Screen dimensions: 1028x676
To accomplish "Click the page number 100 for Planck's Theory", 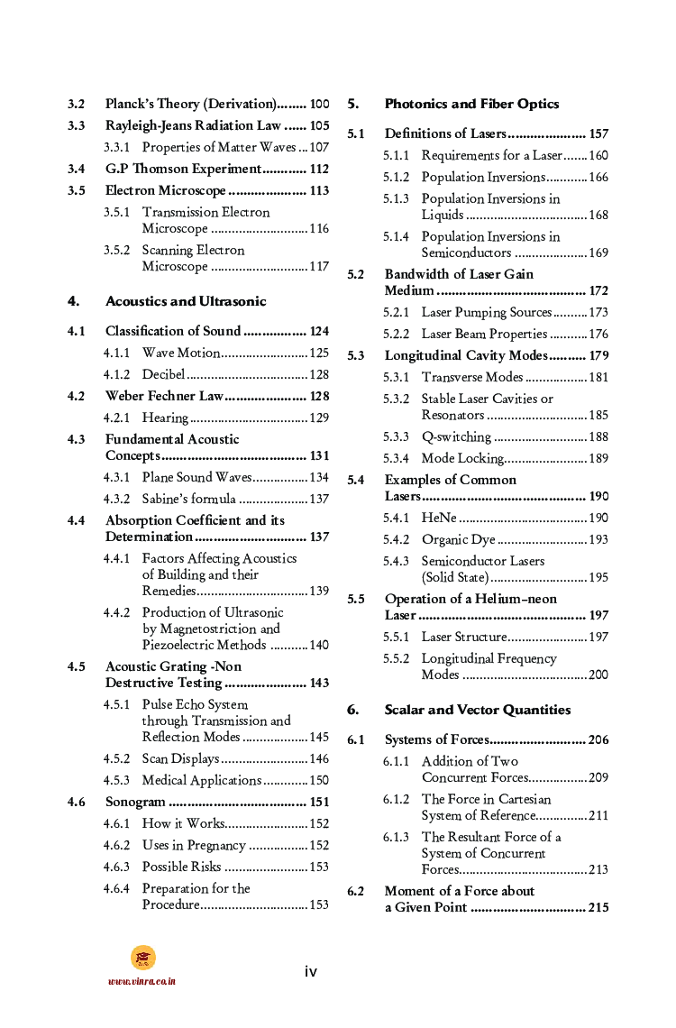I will (319, 104).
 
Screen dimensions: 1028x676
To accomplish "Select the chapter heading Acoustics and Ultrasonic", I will (186, 301).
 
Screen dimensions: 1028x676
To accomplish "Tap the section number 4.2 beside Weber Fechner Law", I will (77, 396).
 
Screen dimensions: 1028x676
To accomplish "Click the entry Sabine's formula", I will (189, 499).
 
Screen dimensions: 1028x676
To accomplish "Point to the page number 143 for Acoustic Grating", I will (319, 683).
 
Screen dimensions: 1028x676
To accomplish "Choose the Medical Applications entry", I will (202, 780).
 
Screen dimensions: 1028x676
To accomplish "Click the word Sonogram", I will (135, 802).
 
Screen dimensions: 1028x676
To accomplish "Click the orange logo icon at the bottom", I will (142, 958).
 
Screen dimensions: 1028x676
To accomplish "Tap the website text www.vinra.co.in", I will (142, 981).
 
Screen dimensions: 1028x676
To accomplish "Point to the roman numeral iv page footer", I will (310, 971).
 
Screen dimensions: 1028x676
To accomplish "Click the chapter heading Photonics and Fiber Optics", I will (471, 104).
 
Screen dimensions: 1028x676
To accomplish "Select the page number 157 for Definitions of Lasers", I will (598, 133).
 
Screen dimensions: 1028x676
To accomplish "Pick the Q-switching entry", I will (456, 436).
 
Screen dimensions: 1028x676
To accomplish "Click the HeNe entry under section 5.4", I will (439, 518).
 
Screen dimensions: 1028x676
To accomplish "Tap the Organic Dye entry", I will (458, 539).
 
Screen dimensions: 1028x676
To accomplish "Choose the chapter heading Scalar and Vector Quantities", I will (478, 710).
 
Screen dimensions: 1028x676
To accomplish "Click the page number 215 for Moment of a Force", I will (598, 907).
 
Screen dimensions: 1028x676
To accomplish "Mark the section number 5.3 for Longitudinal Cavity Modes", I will (356, 355).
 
